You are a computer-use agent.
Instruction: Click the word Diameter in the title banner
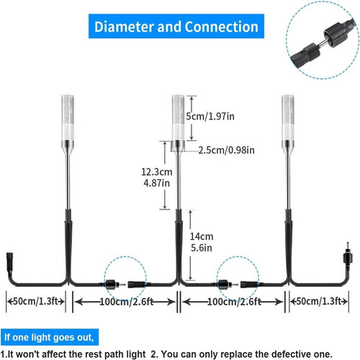point(124,27)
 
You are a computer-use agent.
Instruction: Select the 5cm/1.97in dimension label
point(210,117)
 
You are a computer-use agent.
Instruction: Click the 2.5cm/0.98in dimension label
point(226,150)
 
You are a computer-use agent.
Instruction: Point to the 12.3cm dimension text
point(157,172)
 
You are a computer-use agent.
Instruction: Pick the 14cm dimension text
point(202,237)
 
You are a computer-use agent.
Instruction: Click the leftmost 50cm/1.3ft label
point(36,301)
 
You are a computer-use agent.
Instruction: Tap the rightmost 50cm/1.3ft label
point(319,301)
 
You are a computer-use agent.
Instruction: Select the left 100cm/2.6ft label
point(127,302)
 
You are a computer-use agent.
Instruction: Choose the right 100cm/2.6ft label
point(234,302)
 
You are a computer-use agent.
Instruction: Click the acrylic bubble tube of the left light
point(68,110)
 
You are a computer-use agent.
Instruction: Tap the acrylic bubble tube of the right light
point(288,110)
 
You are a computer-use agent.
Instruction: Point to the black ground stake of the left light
point(68,245)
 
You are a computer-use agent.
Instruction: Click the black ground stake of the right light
point(289,245)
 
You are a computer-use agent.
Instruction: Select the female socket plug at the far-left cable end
point(10,261)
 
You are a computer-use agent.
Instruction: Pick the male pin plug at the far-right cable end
point(348,254)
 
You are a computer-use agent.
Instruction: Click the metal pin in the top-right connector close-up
point(321,44)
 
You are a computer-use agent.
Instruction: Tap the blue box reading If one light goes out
point(49,337)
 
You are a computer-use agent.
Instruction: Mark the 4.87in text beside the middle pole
point(157,184)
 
